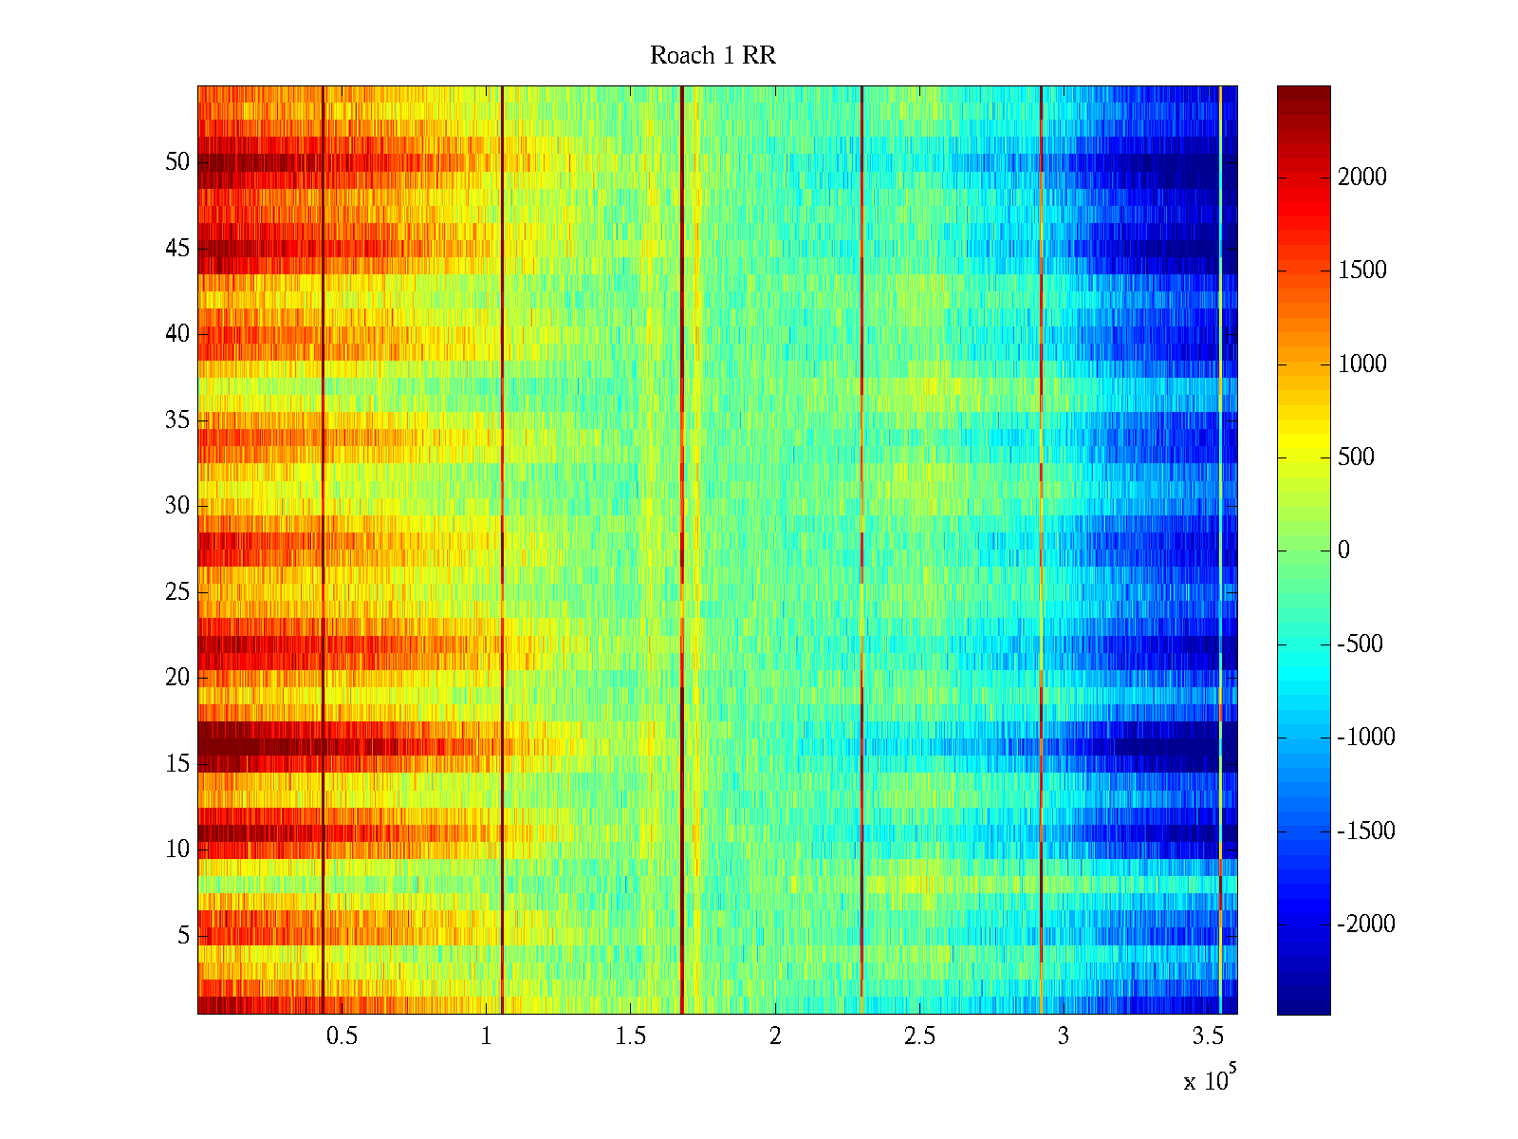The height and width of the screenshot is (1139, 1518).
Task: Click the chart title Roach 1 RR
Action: click(713, 56)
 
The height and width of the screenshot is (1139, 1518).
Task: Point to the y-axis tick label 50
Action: click(177, 162)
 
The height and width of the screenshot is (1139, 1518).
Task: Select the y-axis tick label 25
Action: click(177, 592)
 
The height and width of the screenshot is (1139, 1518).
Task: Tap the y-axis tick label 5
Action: click(183, 936)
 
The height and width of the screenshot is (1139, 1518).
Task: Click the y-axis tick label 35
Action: click(177, 420)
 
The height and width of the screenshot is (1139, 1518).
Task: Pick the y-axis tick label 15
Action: click(177, 764)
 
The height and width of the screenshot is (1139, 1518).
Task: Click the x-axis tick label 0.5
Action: click(342, 1036)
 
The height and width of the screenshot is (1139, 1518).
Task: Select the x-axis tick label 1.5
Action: click(631, 1036)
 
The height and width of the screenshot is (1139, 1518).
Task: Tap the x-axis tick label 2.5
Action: click(919, 1036)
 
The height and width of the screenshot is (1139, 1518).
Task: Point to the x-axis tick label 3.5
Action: click(1208, 1036)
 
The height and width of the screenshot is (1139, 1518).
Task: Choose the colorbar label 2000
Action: click(1362, 177)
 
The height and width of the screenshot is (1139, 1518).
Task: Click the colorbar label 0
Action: click(1343, 551)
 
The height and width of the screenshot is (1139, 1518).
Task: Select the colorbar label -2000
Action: click(1366, 924)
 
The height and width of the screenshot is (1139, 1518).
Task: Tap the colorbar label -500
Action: click(1361, 644)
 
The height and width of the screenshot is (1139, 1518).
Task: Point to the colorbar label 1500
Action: click(1362, 271)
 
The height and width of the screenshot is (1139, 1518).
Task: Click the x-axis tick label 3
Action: click(1064, 1036)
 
